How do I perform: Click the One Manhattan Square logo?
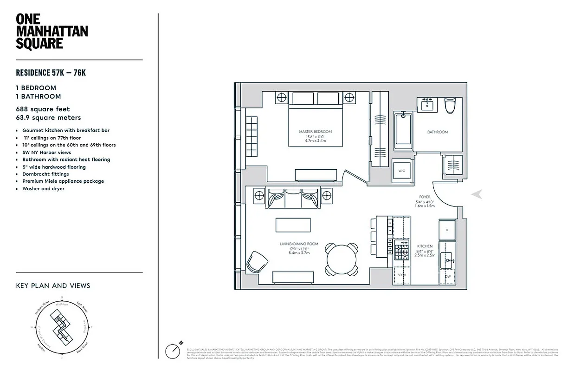(52, 32)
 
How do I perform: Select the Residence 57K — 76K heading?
(51, 73)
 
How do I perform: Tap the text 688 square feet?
(43, 109)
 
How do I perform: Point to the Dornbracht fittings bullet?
(45, 174)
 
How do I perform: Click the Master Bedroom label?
(316, 132)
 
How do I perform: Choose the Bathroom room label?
(437, 132)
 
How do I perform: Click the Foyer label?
(425, 197)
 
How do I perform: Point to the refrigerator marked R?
(447, 230)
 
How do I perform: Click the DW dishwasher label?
(448, 276)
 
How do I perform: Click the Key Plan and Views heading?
(53, 286)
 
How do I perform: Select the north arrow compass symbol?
(173, 350)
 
